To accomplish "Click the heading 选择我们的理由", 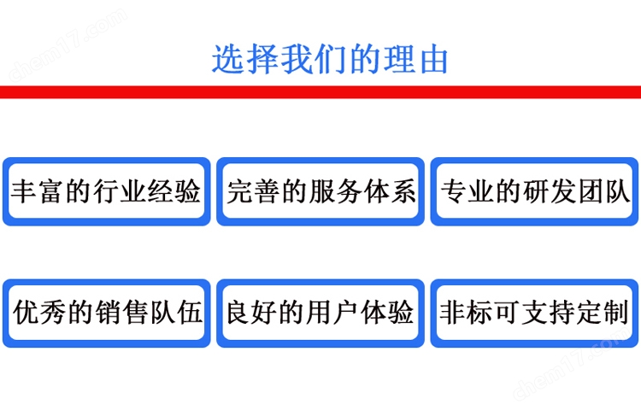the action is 330,60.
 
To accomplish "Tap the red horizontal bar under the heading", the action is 320,92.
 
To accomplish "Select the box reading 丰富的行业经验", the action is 106,191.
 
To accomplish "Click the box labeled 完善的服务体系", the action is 320,191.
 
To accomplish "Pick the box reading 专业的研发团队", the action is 534,191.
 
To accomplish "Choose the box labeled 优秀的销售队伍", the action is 106,313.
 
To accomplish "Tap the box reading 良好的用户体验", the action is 320,313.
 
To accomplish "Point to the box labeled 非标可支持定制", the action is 534,313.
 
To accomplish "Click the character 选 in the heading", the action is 227,60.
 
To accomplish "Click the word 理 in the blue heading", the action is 399,60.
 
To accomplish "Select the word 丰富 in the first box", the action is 38,191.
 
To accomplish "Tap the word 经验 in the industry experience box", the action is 174,191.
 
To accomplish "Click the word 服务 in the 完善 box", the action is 334,191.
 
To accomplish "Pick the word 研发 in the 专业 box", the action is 549,191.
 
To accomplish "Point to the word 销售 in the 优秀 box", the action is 121,313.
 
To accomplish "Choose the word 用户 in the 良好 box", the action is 333,313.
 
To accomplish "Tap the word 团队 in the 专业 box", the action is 603,191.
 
